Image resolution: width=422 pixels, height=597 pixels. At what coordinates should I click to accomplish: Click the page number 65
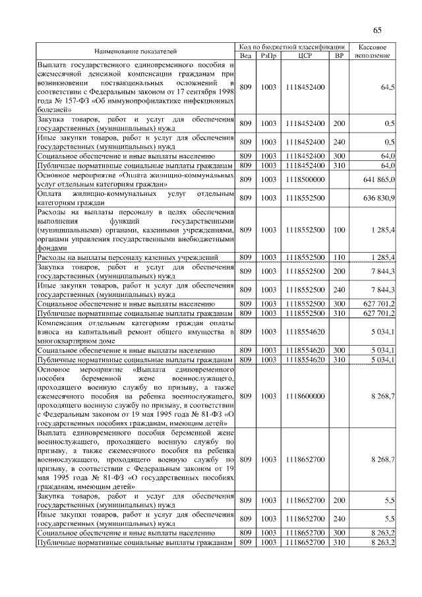click(x=378, y=30)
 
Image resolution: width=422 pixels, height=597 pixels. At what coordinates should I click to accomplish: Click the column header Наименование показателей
click(x=135, y=51)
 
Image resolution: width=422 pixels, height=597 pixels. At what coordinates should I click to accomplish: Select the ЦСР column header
click(x=305, y=55)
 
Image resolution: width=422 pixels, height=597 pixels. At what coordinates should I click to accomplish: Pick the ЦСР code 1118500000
click(x=305, y=179)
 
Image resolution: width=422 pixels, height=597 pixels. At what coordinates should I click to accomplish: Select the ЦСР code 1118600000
click(x=305, y=396)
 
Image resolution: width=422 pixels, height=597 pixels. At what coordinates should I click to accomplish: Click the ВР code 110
click(x=339, y=257)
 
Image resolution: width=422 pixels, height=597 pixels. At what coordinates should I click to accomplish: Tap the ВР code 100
click(x=339, y=230)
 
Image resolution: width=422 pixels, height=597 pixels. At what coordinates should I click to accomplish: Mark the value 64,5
click(x=388, y=87)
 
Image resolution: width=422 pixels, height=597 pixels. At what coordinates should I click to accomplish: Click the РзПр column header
click(x=268, y=55)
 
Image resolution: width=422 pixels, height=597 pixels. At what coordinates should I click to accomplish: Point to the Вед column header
click(x=245, y=55)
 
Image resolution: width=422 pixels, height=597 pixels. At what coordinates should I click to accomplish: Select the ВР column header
click(x=339, y=55)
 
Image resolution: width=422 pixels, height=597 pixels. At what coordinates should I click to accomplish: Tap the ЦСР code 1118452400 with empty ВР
click(x=305, y=87)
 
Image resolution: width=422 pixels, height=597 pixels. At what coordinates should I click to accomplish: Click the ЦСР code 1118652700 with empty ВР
click(x=305, y=458)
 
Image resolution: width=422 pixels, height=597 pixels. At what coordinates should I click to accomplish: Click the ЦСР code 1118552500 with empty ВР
click(x=305, y=198)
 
